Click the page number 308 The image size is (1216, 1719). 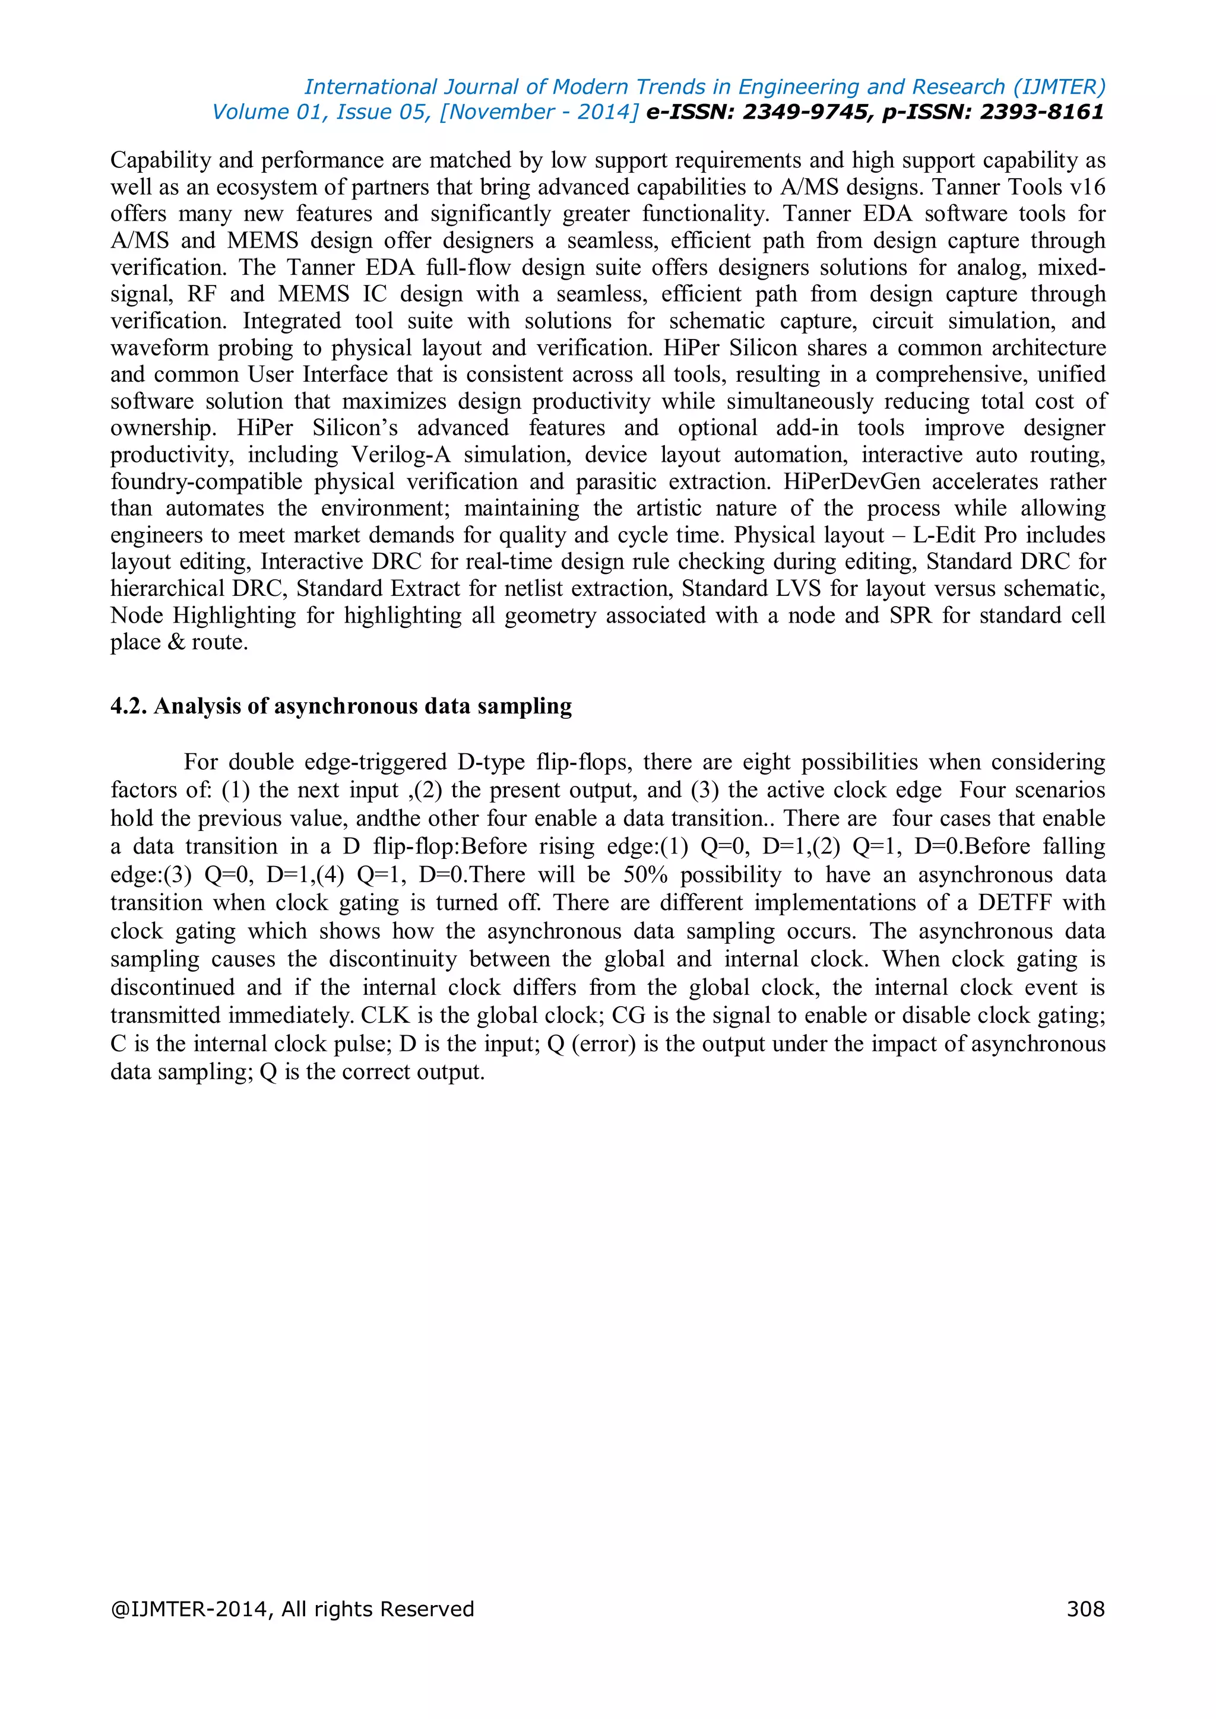pos(1085,1609)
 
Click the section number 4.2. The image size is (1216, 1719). pos(128,706)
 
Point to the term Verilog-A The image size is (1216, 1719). pos(401,455)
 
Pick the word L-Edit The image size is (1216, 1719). pos(943,535)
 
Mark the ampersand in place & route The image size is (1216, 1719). pos(177,642)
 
